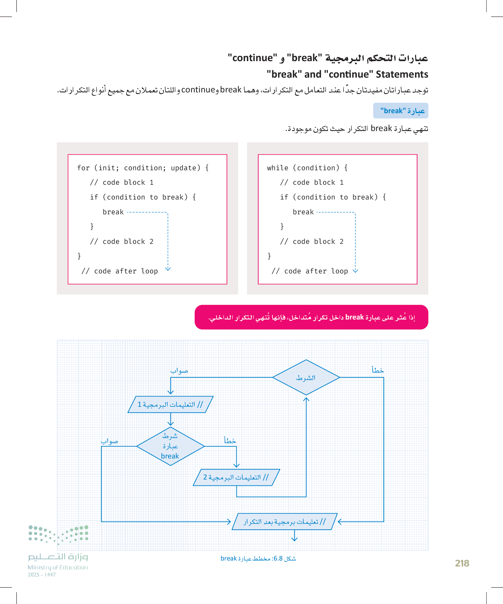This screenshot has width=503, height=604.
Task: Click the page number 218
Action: click(x=462, y=563)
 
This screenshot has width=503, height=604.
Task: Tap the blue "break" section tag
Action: click(x=400, y=111)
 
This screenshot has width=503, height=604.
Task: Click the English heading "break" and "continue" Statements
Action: click(x=347, y=74)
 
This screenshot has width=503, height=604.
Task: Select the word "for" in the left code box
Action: click(x=83, y=168)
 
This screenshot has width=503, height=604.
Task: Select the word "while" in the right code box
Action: click(x=278, y=168)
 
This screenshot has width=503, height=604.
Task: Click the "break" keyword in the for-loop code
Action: click(x=113, y=212)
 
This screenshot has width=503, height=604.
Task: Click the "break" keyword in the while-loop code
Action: click(x=303, y=212)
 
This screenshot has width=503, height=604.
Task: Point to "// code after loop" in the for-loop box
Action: click(x=120, y=271)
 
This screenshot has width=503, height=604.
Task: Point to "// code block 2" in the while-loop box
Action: click(x=312, y=241)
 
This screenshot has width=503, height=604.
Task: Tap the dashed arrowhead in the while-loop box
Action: click(x=355, y=270)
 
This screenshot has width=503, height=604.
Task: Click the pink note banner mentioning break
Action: click(x=311, y=317)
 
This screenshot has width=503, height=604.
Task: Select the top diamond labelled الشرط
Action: click(x=306, y=377)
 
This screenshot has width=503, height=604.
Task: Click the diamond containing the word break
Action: click(x=170, y=446)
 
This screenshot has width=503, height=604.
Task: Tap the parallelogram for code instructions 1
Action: click(x=170, y=404)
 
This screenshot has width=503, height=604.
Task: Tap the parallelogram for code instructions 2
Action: click(x=236, y=477)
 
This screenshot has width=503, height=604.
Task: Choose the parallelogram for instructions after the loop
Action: click(x=284, y=522)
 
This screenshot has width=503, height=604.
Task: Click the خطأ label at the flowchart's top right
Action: click(x=378, y=370)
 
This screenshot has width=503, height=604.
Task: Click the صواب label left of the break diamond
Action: click(x=109, y=441)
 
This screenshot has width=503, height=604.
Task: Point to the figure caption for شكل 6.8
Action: click(x=258, y=558)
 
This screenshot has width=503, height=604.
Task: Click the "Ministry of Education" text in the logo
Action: click(x=58, y=567)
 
